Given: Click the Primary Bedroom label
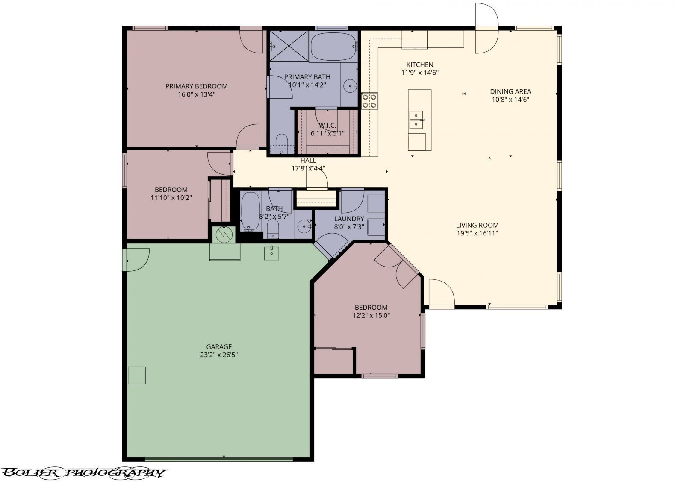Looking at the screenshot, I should pyautogui.click(x=196, y=86).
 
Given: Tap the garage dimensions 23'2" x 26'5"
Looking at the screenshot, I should pyautogui.click(x=219, y=355).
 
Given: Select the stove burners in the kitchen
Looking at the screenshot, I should pyautogui.click(x=369, y=101).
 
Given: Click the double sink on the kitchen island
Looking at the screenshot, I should pyautogui.click(x=416, y=120).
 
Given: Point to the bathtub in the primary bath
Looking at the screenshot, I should pyautogui.click(x=333, y=47).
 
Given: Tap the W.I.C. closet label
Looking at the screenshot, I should pyautogui.click(x=327, y=126).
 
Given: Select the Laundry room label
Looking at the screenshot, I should pyautogui.click(x=349, y=219).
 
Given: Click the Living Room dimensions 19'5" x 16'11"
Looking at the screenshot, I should pyautogui.click(x=477, y=233).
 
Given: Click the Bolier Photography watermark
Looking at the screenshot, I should pyautogui.click(x=83, y=472).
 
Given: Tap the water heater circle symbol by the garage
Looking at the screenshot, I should pyautogui.click(x=224, y=235).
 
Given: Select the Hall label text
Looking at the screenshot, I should pyautogui.click(x=308, y=160).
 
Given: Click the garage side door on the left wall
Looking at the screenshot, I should pyautogui.click(x=136, y=260).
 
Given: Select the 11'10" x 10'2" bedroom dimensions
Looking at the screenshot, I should pyautogui.click(x=171, y=198).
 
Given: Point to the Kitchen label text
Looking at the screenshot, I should pyautogui.click(x=419, y=65).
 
